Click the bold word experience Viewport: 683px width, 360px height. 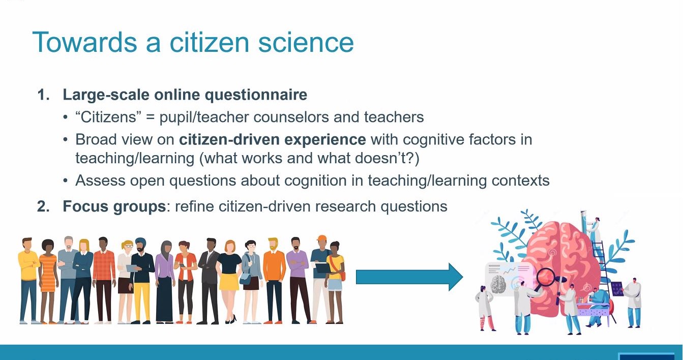pyautogui.click(x=324, y=139)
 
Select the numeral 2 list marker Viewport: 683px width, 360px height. pyautogui.click(x=43, y=206)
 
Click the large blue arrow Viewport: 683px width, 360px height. pyautogui.click(x=409, y=277)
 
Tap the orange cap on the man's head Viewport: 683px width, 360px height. pyautogui.click(x=321, y=238)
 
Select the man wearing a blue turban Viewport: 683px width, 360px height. pyautogui.click(x=141, y=275)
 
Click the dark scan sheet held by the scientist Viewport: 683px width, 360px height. pyautogui.click(x=616, y=289)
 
